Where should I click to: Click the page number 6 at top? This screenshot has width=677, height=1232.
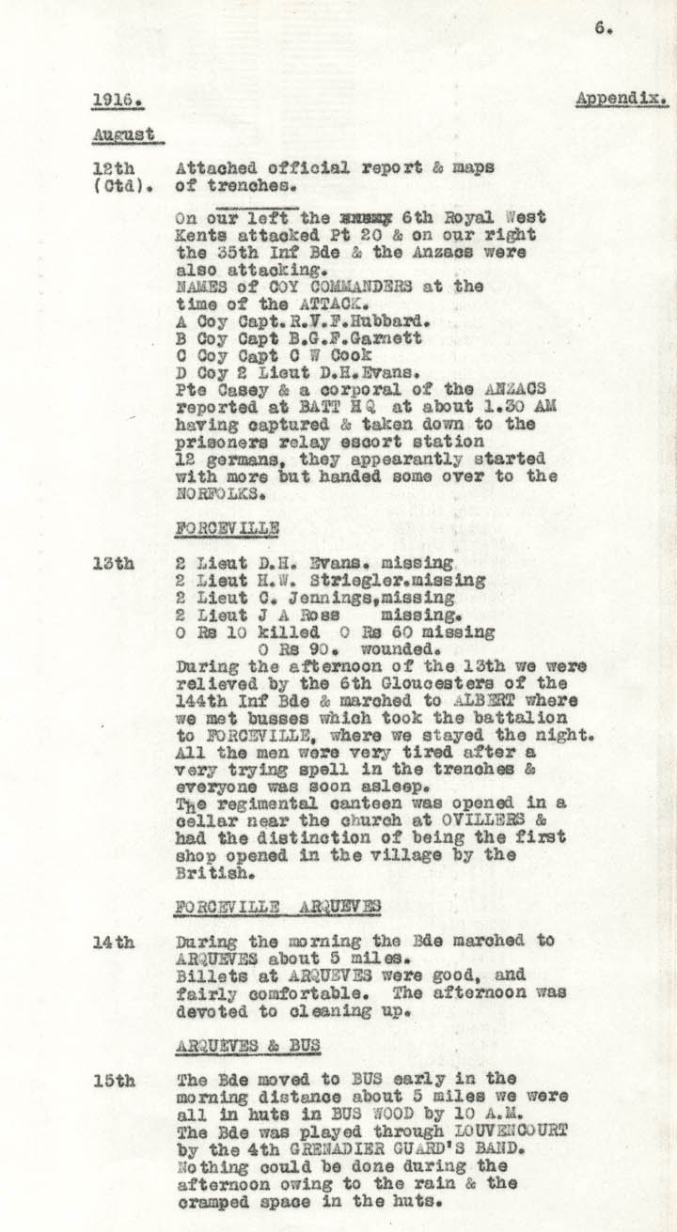pos(603,28)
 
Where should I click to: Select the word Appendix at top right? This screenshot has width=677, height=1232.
pos(622,99)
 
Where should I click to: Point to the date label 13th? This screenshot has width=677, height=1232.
pos(114,564)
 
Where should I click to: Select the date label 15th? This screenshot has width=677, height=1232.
pos(114,1082)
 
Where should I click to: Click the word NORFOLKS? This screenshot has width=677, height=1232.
pos(214,491)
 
